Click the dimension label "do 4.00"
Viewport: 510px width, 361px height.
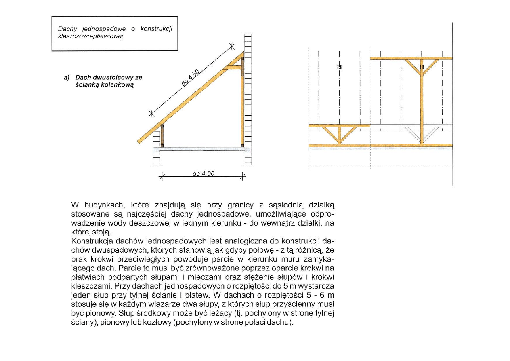coord(204,174)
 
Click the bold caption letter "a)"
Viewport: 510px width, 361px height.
coord(67,77)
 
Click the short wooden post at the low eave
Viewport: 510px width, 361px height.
coord(162,135)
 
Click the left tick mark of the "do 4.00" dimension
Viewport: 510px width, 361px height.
coord(161,176)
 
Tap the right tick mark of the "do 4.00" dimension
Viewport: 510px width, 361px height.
coord(243,176)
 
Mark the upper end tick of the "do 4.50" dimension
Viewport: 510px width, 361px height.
coord(232,46)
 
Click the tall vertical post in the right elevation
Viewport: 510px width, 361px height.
coord(421,105)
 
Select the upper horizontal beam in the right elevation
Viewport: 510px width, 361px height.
coord(411,58)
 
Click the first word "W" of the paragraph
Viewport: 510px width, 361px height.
coord(75,205)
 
